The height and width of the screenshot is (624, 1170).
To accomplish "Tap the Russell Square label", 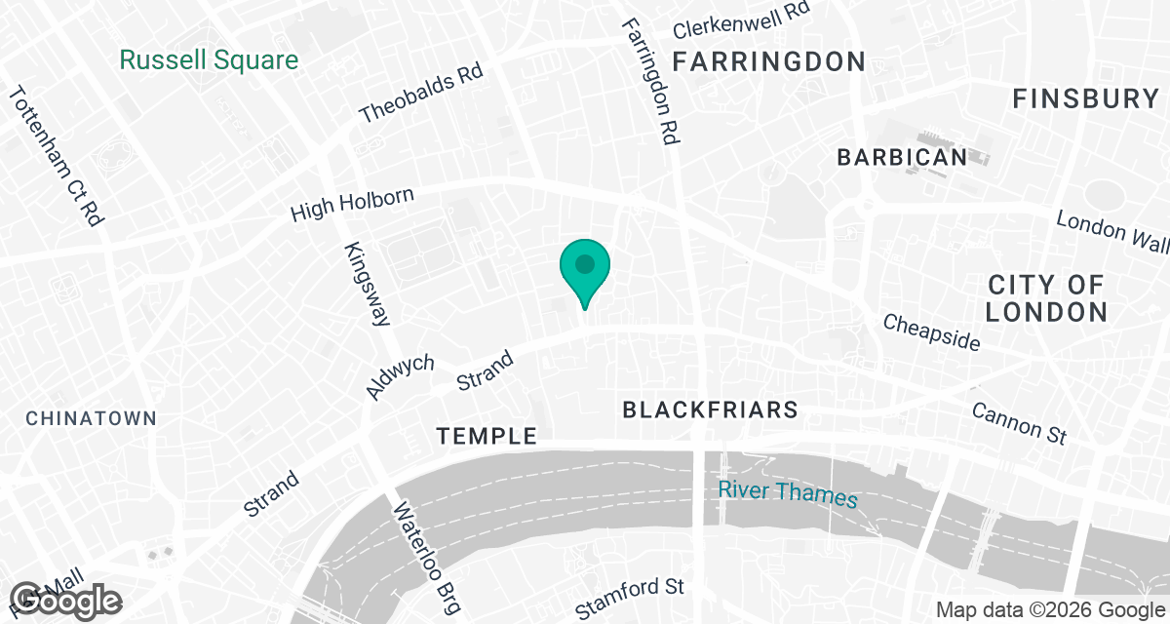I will tap(209, 60).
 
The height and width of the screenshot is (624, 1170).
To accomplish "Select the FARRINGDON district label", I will tap(769, 62).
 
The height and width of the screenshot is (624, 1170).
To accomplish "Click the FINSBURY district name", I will tap(1085, 98).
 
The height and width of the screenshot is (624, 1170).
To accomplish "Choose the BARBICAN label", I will tap(902, 157).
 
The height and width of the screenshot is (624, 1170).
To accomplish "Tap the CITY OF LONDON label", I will tap(1046, 298).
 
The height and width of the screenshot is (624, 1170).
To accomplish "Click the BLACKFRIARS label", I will tap(711, 410).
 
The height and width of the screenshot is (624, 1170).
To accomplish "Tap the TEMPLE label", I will tap(487, 436).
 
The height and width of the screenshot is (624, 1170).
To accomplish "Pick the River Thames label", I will tap(788, 493).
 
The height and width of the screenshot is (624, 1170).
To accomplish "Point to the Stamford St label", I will tap(630, 598).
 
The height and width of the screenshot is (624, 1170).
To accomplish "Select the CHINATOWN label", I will tap(91, 418).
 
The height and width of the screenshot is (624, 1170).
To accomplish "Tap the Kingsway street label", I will tap(367, 284).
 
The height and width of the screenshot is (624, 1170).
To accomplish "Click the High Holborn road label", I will tap(353, 205).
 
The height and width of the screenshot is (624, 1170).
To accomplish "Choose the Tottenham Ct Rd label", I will tap(56, 156).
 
